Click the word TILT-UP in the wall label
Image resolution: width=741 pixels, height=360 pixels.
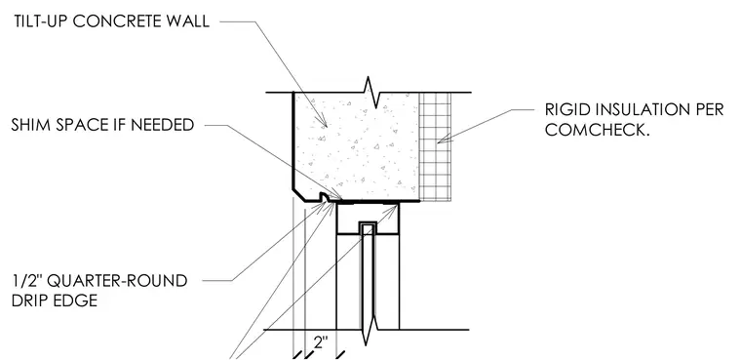(41, 21)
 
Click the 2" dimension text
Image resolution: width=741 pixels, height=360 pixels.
(321, 342)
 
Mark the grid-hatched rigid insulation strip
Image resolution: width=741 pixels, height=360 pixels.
(435, 146)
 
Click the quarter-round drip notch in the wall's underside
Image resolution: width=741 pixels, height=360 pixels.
(325, 197)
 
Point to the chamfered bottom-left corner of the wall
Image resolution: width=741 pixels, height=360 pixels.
(298, 195)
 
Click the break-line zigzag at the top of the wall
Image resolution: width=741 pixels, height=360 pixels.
(370, 92)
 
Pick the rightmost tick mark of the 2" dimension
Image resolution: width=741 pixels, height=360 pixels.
(339, 354)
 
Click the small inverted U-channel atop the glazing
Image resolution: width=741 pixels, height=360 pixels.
(368, 228)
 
